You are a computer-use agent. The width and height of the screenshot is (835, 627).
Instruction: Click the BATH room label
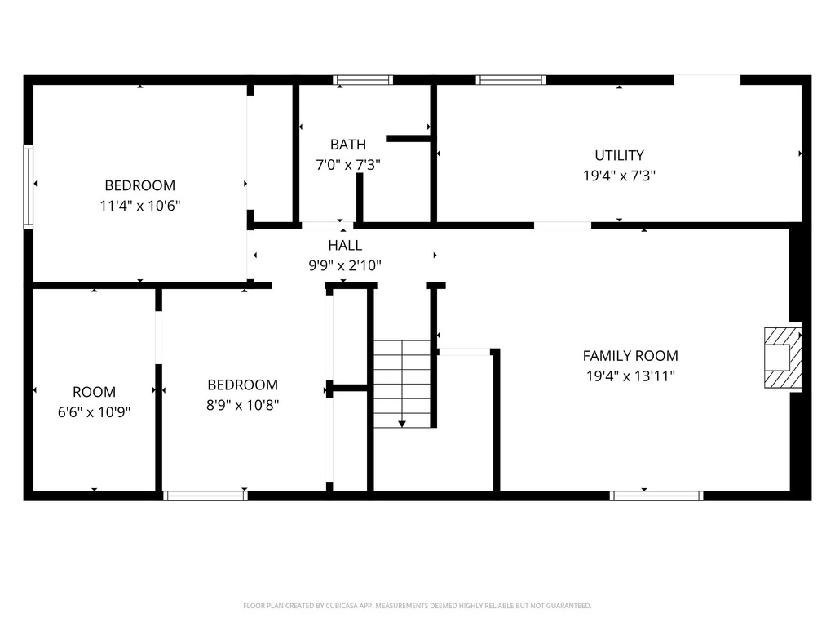(x=348, y=145)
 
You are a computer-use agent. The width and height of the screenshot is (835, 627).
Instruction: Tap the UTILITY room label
(x=619, y=155)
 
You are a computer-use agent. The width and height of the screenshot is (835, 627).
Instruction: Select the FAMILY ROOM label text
(x=630, y=356)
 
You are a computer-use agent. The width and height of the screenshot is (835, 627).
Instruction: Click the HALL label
(x=345, y=245)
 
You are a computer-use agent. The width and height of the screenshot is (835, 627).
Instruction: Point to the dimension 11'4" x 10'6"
(x=139, y=206)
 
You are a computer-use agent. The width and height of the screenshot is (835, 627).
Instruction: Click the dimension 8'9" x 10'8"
(x=242, y=405)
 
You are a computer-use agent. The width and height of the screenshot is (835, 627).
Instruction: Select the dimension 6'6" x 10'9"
(x=94, y=411)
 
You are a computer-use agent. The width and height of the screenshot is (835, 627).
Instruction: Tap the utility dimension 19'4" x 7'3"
(x=619, y=175)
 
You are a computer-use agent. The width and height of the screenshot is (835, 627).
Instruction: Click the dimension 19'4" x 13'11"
(x=630, y=376)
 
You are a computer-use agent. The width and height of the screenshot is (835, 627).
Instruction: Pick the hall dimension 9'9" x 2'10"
(x=345, y=265)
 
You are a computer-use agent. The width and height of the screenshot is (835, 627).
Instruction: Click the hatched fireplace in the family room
(x=781, y=357)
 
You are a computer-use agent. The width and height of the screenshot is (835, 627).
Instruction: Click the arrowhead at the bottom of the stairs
(x=402, y=423)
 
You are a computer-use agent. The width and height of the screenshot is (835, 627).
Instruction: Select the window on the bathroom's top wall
(x=363, y=80)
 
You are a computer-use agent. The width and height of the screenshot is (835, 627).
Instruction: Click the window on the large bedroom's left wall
(x=29, y=186)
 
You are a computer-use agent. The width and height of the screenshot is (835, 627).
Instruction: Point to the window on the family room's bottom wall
(x=656, y=496)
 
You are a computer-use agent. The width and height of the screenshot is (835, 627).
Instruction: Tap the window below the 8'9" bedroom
(x=205, y=496)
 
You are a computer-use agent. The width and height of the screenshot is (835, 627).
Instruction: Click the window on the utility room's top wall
(x=510, y=80)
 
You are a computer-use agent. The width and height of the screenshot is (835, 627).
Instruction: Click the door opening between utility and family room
(x=563, y=225)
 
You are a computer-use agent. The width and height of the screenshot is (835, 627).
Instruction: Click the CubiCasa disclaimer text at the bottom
(x=417, y=606)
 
